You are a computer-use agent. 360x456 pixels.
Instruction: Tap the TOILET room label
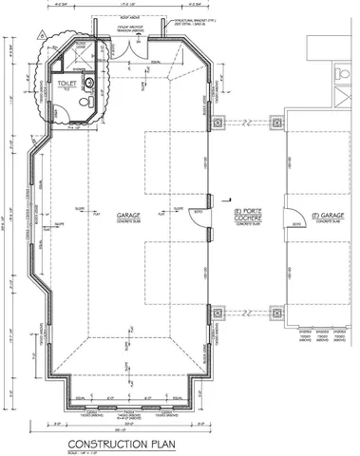click(65, 84)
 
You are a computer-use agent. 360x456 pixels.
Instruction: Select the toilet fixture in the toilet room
click(87, 98)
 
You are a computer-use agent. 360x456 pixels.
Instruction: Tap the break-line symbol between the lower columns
click(248, 312)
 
